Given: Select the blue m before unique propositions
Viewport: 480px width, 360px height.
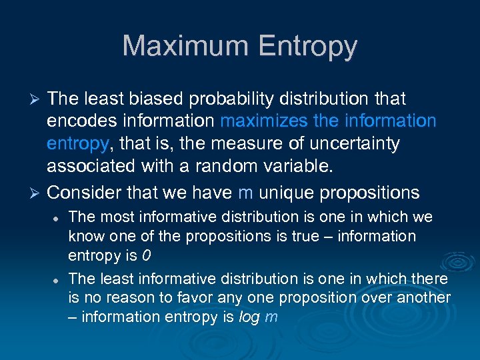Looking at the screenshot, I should coord(245,193).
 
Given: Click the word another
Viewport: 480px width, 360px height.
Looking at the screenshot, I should coord(424,297).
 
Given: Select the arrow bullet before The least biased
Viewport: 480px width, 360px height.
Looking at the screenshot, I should coord(37,100).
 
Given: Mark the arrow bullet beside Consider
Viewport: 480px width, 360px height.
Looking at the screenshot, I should coord(37,193).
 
